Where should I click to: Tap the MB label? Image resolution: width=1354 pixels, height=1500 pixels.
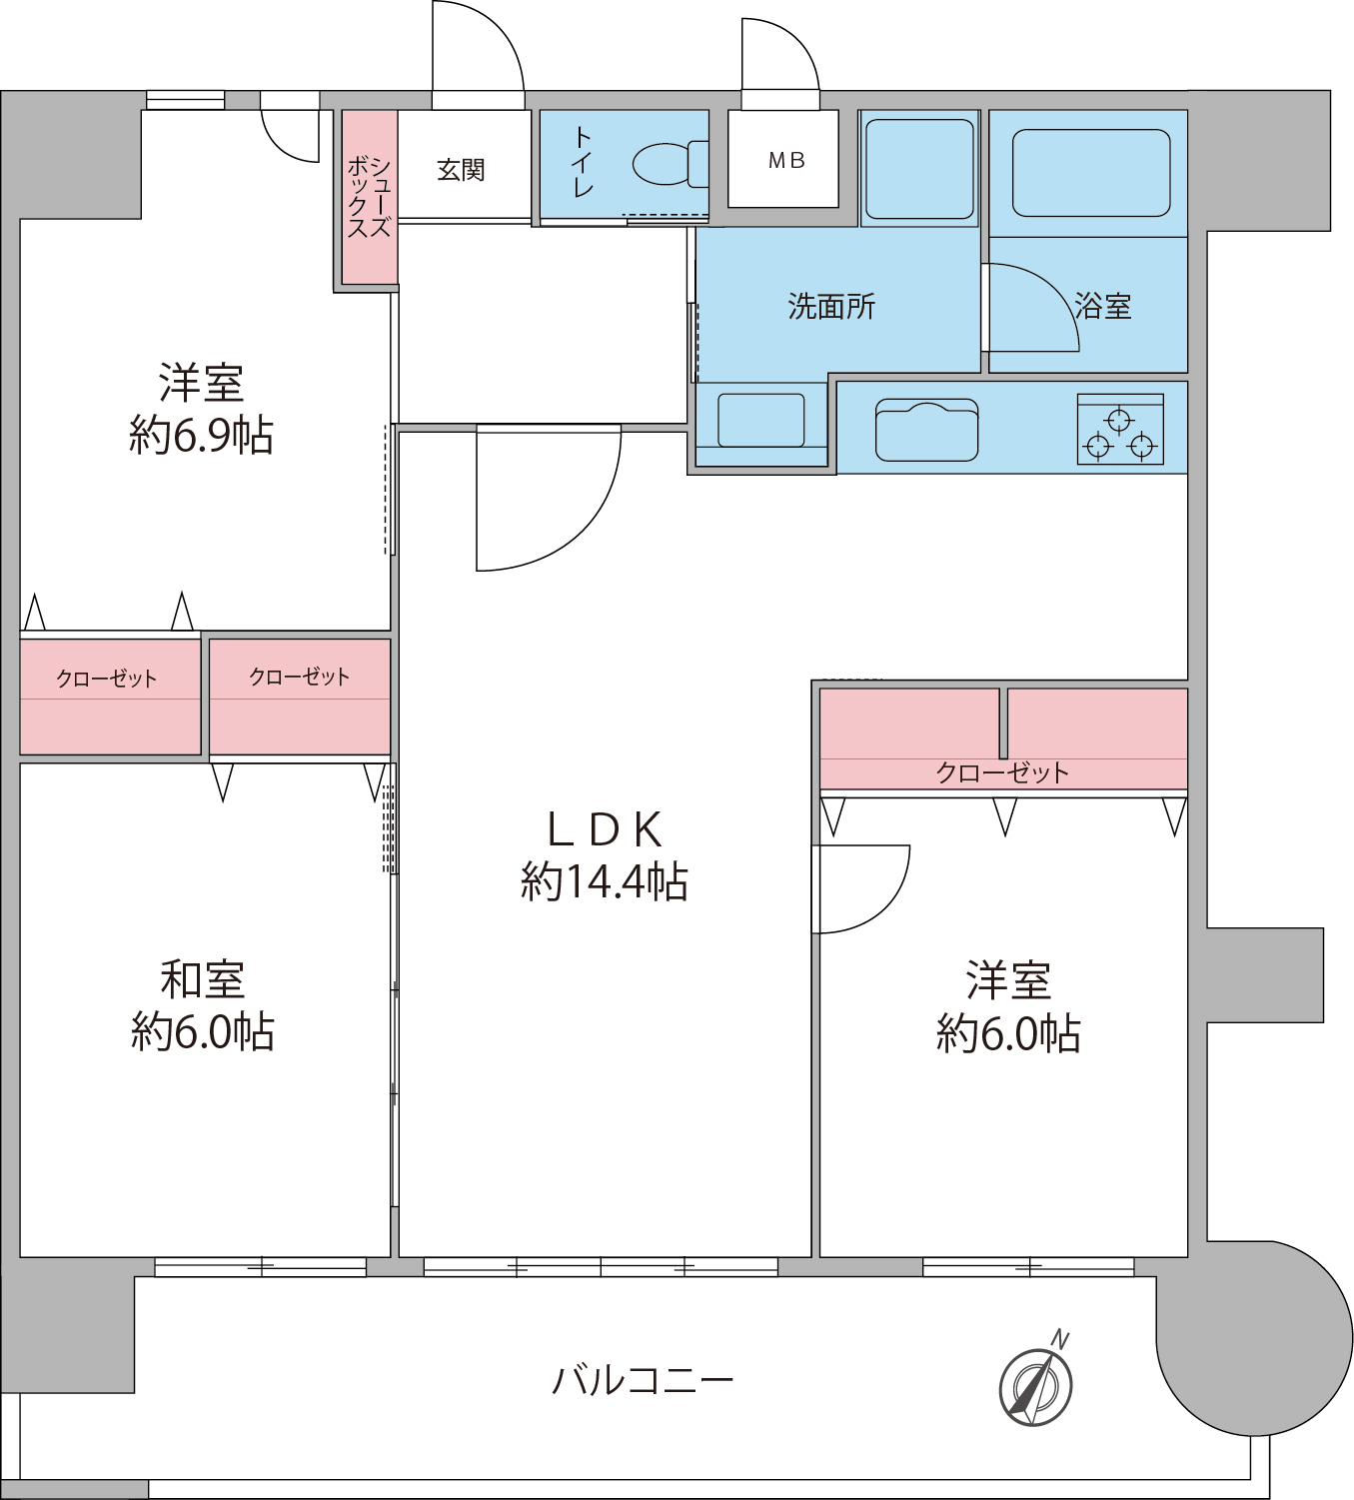[x=786, y=160]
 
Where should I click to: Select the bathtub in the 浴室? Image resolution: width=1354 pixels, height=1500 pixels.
[x=1091, y=173]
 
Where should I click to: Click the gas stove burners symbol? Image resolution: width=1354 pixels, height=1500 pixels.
[x=1120, y=431]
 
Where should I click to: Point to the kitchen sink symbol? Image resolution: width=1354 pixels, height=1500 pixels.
[x=926, y=431]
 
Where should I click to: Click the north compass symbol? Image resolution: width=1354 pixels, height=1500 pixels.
[x=1036, y=1386]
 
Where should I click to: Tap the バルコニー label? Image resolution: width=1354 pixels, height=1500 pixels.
[x=643, y=1381]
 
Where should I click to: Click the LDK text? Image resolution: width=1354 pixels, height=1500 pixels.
[x=605, y=829]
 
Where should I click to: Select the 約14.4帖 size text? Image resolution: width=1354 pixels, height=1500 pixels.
[x=605, y=882]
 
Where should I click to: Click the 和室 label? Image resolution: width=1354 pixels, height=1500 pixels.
[x=203, y=980]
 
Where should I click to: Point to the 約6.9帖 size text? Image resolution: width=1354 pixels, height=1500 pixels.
[x=202, y=436]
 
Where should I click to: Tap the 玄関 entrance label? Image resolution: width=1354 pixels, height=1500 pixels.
[x=461, y=170]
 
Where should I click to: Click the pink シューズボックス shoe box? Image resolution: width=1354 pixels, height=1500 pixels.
[x=370, y=197]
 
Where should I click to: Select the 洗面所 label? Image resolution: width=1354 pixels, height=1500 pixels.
[x=831, y=306]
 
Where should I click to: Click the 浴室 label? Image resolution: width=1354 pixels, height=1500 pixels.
[x=1103, y=306]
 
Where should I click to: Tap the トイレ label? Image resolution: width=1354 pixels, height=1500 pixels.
[x=583, y=162]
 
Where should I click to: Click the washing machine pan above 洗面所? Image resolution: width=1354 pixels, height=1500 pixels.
[x=919, y=169]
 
